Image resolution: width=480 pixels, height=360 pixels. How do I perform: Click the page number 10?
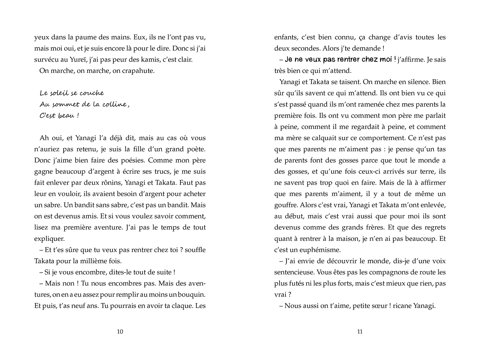(120, 331)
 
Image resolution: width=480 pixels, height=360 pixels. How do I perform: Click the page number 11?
(360, 331)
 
